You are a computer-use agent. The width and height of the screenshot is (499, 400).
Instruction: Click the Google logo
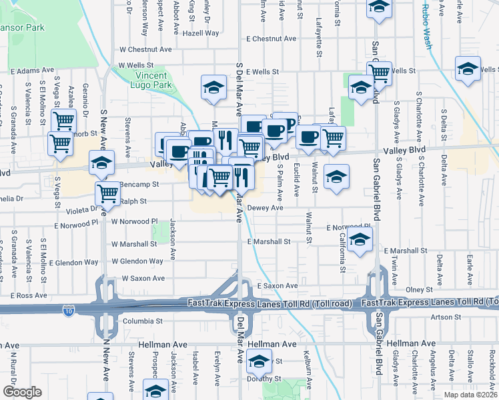pos(23,391)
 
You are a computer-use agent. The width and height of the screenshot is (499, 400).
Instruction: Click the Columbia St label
pos(143,321)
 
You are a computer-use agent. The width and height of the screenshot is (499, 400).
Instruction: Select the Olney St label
pos(420,290)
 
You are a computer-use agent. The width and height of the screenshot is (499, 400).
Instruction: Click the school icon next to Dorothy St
pos(258,361)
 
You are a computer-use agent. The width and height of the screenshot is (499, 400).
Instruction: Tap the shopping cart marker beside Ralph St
pos(107,193)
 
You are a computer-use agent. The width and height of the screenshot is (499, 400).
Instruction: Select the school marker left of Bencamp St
pos(101,162)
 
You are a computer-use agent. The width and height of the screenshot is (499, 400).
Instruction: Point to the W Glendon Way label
pos(137,261)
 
